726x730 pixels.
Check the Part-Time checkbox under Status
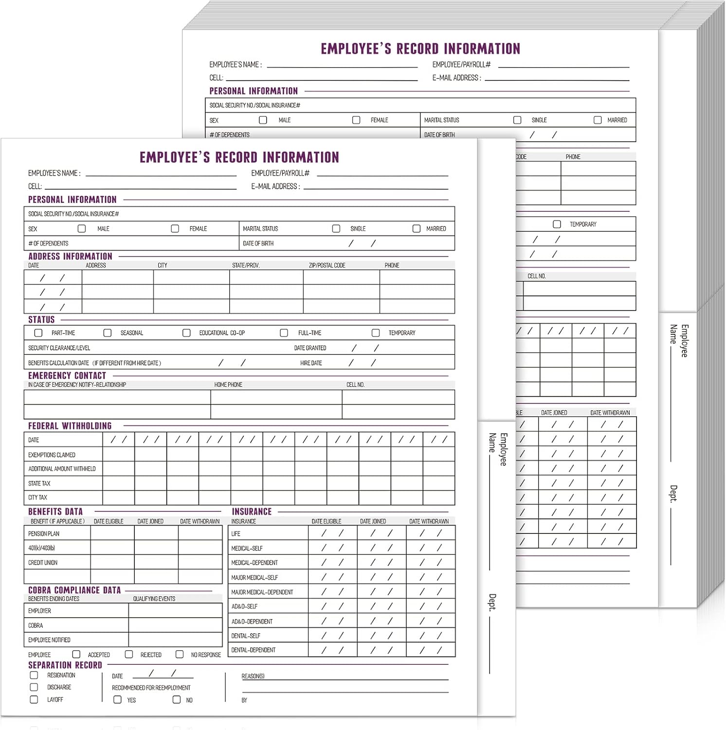click(38, 333)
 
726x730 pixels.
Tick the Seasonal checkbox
click(108, 333)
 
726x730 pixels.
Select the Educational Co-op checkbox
click(186, 333)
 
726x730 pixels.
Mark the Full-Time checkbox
click(284, 333)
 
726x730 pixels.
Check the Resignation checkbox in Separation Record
click(34, 675)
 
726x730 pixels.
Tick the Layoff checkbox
click(34, 699)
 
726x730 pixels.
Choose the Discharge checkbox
click(34, 687)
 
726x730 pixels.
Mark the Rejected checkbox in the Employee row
click(129, 655)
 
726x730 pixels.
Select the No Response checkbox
click(180, 655)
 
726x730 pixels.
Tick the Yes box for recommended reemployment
click(117, 700)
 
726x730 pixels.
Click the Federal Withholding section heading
click(70, 426)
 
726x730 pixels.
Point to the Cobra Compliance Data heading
click(74, 590)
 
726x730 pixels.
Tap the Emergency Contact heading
click(67, 376)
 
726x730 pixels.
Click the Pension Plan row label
click(44, 534)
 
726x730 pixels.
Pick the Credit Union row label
click(43, 563)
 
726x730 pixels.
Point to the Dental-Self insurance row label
click(246, 636)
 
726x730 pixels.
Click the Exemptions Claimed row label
click(52, 455)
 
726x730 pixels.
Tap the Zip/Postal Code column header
click(327, 266)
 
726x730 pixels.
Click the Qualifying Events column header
click(154, 599)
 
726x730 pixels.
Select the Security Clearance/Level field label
click(59, 348)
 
